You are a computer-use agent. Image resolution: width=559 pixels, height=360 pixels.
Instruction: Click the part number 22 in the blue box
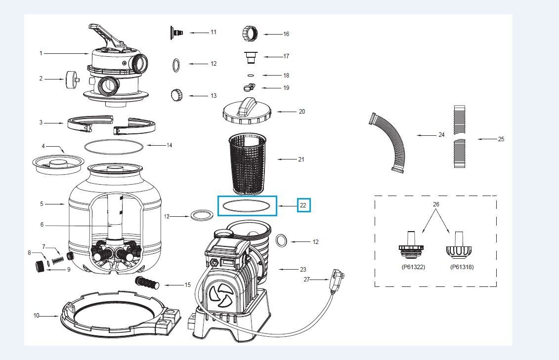pos(303,205)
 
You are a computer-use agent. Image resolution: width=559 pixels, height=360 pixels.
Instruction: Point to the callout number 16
pos(286,34)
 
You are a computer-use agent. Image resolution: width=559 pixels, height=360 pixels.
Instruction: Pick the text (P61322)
pos(413,267)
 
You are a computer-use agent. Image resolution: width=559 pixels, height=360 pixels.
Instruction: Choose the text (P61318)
pos(462,267)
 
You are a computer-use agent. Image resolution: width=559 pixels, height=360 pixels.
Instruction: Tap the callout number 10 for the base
pos(36,316)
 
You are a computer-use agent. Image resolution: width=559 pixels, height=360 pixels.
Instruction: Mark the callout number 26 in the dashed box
pos(435,204)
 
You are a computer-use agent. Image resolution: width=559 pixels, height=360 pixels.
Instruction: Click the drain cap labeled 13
pos(176,94)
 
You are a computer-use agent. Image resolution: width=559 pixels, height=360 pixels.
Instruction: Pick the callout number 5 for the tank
pos(42,203)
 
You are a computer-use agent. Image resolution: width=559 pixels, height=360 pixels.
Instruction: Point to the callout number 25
pos(501,139)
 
